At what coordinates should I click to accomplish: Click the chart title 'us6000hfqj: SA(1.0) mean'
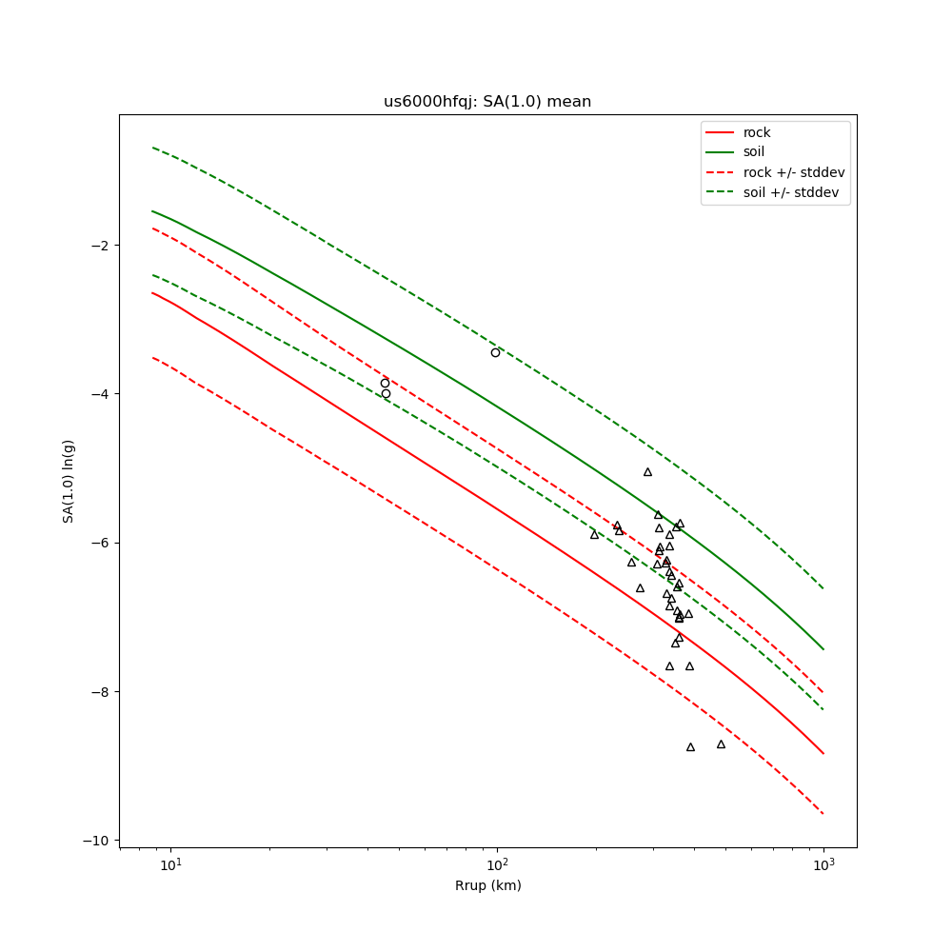(x=487, y=102)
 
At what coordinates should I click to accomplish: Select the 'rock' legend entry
(x=757, y=132)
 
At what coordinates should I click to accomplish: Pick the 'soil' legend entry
(x=754, y=152)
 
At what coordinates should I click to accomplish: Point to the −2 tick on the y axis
(x=99, y=245)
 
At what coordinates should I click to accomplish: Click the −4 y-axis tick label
(x=99, y=394)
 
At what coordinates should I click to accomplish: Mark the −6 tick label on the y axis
(x=99, y=543)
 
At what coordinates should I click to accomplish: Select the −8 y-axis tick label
(x=99, y=692)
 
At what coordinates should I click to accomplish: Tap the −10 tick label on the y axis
(x=95, y=841)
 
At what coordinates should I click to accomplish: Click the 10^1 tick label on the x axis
(x=170, y=864)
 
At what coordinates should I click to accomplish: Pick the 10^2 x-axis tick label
(x=497, y=864)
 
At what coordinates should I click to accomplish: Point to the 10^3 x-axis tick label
(x=823, y=864)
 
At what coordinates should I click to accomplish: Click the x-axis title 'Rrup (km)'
(x=487, y=885)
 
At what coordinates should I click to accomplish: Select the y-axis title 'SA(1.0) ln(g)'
(x=69, y=481)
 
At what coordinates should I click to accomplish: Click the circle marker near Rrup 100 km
(x=495, y=352)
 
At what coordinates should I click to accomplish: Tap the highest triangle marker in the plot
(x=647, y=471)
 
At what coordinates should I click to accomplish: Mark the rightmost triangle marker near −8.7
(x=721, y=744)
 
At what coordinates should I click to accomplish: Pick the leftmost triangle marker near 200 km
(x=594, y=534)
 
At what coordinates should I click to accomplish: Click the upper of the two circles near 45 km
(x=385, y=383)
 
